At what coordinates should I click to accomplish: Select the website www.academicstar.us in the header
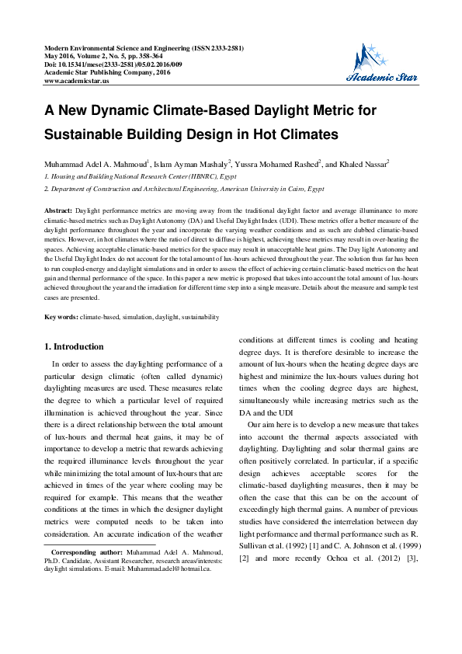click(77, 80)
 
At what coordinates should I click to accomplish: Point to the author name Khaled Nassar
click(363, 165)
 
